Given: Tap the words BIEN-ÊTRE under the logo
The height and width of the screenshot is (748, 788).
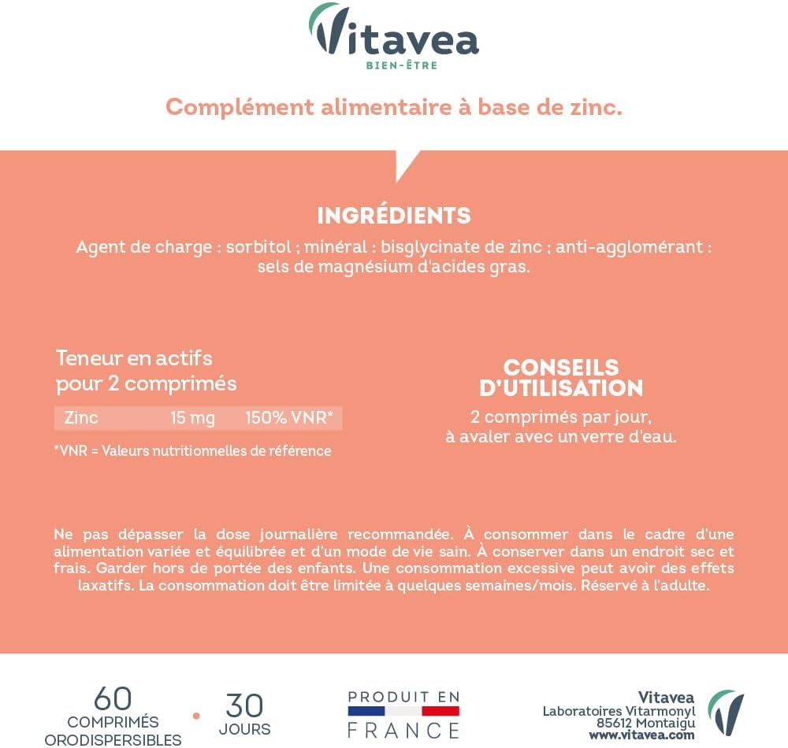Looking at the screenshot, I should pos(402,65).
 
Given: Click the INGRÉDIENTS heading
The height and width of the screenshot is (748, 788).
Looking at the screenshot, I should pos(394,215).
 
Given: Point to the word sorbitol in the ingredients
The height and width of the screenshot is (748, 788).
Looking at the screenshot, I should pos(258,246).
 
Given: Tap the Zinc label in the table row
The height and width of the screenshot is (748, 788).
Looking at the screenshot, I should pos(81,418).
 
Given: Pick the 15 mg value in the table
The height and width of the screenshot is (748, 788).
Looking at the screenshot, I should pos(192,418).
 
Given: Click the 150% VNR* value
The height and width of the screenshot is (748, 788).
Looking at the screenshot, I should pos(289,418).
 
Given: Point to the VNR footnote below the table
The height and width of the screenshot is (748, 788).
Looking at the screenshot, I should pos(192,451).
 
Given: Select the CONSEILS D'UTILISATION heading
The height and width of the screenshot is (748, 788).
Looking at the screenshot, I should pos(561,378).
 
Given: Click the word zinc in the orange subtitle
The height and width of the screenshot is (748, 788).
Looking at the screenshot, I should pos(593,107).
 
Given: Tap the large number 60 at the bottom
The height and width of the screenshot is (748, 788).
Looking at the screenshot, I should pos(113,698).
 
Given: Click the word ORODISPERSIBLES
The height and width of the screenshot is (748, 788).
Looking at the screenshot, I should pos(113,739).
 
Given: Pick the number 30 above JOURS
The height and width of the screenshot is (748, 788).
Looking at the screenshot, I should pos(244,705).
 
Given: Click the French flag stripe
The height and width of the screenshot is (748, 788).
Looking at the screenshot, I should pos(403,711).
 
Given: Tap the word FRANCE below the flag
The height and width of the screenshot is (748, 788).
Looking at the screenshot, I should pos(403,730).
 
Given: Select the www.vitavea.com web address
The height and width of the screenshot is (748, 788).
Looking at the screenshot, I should pos(642,735).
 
